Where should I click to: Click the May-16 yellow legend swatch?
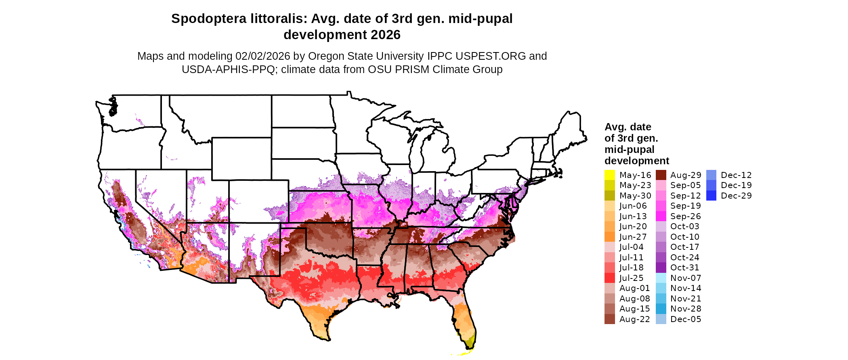tap(609, 175)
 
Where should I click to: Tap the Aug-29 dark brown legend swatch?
tap(661, 175)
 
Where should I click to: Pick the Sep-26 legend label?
tap(685, 216)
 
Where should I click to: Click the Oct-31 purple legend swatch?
tap(661, 268)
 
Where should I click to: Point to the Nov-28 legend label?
tap(685, 309)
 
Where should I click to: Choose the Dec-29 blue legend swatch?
tap(711, 196)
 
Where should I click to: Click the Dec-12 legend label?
tap(736, 175)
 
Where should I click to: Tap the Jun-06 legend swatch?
tap(609, 206)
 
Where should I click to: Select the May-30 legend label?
tap(635, 196)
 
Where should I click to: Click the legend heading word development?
tap(636, 161)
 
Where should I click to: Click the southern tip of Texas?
tap(325, 338)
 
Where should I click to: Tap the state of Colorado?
tap(258, 201)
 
